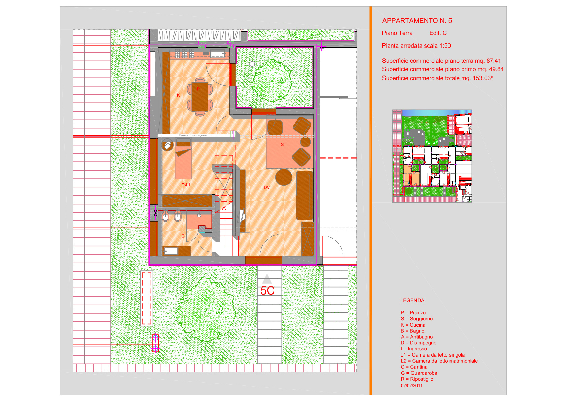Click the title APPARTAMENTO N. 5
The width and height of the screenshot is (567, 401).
point(417,21)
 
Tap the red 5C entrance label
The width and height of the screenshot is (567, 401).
point(267,291)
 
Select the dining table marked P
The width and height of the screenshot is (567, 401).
point(200,97)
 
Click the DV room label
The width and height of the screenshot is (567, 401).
point(267,187)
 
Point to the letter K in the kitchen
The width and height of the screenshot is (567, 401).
point(178,95)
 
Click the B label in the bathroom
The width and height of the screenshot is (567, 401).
point(183,236)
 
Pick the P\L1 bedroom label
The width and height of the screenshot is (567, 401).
point(186,185)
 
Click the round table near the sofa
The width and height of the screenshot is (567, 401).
point(283,177)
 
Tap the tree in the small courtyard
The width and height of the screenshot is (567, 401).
point(272,81)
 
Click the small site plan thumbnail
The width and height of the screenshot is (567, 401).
point(432,156)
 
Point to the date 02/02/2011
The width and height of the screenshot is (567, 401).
point(411,385)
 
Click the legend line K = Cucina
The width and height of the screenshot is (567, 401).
point(413,325)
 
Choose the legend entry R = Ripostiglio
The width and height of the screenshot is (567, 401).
point(417,379)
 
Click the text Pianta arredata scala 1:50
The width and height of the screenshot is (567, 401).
point(416,45)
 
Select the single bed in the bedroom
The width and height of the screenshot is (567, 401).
point(183,159)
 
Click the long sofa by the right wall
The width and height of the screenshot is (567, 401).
point(305,195)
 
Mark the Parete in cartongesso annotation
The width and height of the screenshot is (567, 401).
point(193,135)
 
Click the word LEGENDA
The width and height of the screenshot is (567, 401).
point(412,300)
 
